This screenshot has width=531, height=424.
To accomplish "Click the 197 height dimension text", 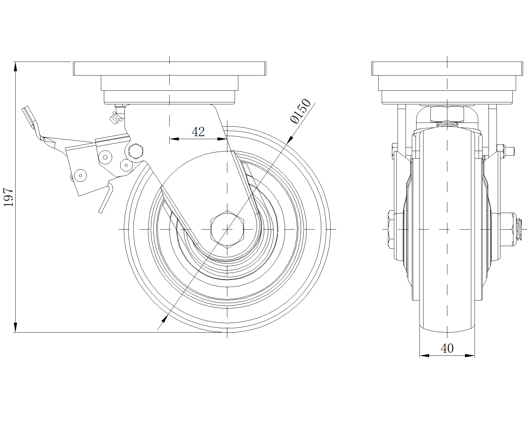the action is coord(8,197).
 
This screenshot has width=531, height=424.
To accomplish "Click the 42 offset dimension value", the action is coord(198,132).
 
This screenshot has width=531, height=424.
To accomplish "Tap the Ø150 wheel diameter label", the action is coord(301,111).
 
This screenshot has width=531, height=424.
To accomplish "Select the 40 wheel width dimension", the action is coord(447,348).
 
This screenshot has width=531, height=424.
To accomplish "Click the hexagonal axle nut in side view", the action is coord(227,229).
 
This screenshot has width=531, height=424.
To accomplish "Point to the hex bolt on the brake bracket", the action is coord(136,151).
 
